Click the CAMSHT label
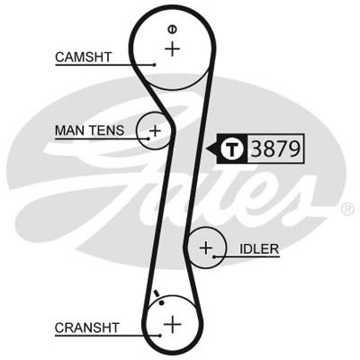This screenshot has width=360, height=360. pos(83,57)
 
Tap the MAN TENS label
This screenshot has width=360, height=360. pos(89,130)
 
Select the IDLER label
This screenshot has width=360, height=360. pos(259,248)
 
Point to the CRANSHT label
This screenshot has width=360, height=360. pos(87,328)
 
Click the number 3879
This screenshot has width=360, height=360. pos(275,148)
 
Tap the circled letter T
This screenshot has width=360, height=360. pos(231,148)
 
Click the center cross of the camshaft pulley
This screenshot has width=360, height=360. pos(173,49)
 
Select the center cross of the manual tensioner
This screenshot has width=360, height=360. pos(156,130)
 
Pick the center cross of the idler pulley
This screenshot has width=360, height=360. pos(206,247)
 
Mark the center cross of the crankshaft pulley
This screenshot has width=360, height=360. pos(173,324)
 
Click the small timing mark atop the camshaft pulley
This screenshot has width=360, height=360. pos(172,29)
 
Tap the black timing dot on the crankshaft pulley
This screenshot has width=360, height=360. pos(162,302)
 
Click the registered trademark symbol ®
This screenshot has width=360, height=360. pos(347,210)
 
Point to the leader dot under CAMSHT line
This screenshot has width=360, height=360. pos(155,65)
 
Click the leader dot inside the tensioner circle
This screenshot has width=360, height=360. pos(148,139)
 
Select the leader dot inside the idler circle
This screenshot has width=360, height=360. pos(214,256)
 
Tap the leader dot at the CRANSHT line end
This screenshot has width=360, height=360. pos(161,336)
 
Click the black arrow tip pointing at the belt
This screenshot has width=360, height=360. pos(206,148)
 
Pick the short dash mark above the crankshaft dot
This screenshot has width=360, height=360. pos(156,293)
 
